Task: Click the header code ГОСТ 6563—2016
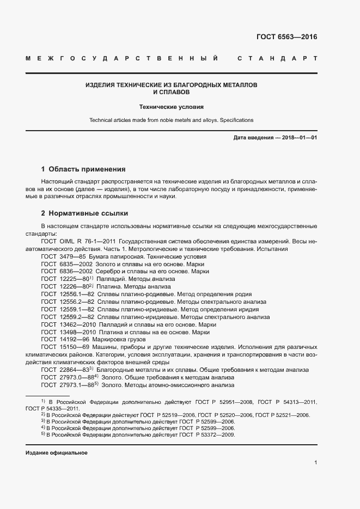tap(286, 38)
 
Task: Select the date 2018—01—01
tap(298, 138)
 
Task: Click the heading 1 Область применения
tap(83, 169)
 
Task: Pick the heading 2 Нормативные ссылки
tap(84, 213)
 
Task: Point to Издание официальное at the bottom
tap(56, 453)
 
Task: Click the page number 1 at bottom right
tap(315, 463)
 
